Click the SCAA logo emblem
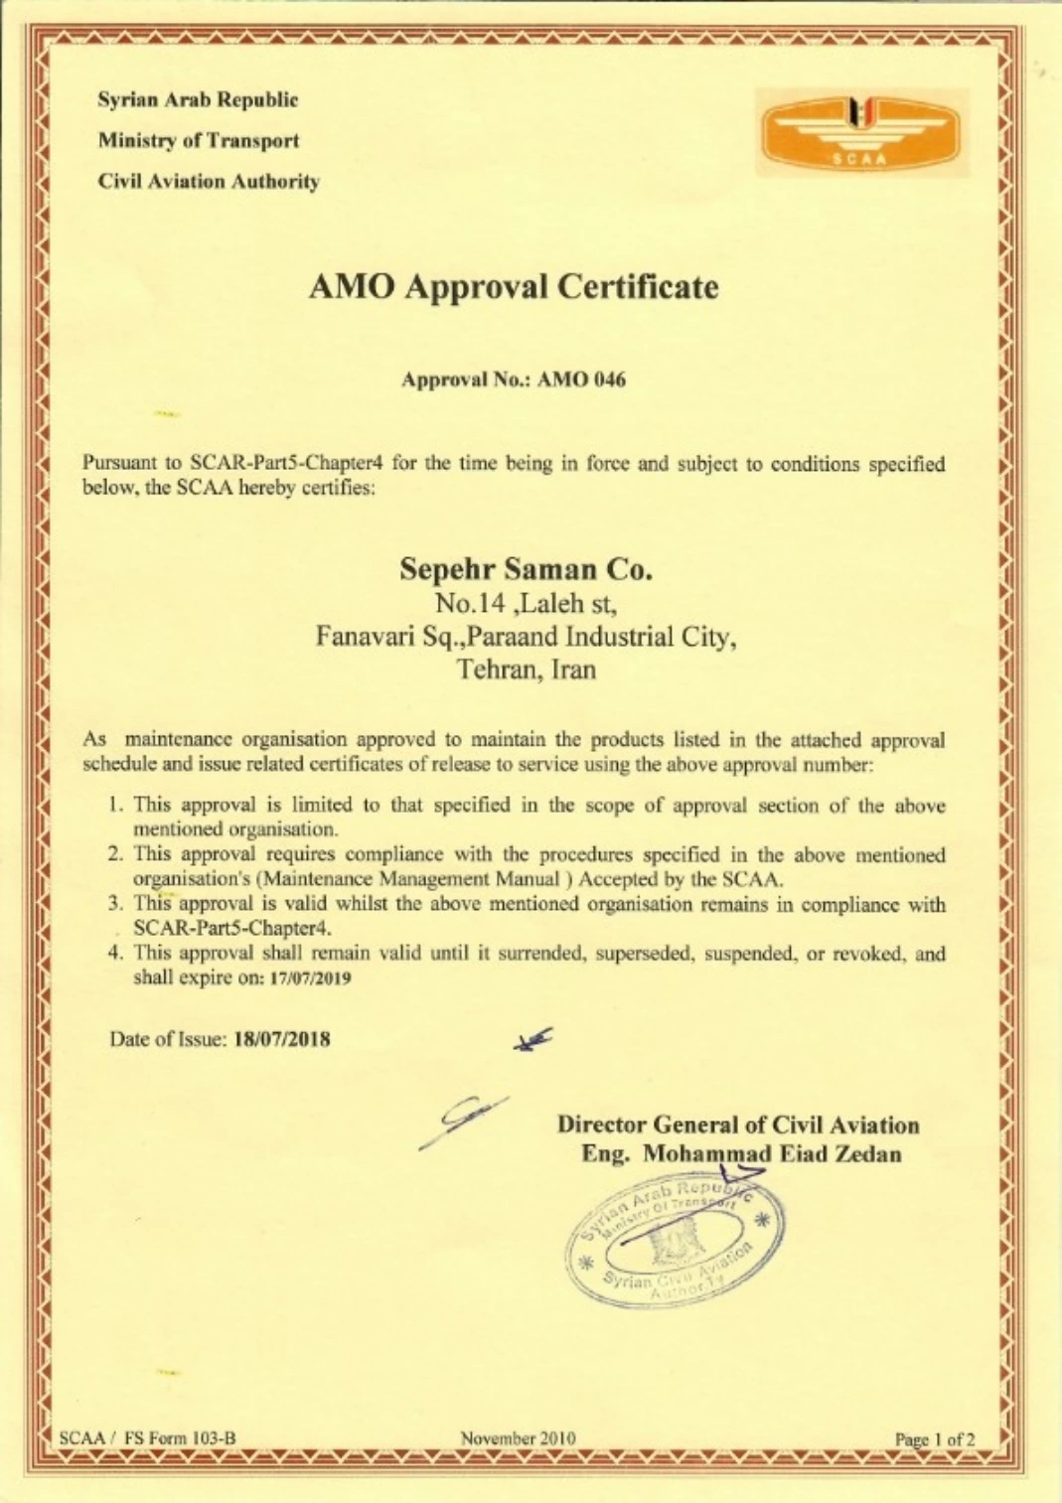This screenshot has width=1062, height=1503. coord(861,132)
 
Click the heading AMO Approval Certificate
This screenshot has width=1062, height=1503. coord(514,287)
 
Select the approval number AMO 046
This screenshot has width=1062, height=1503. coord(581,379)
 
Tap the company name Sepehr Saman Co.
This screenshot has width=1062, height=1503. coord(526,569)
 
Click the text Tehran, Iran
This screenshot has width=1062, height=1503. coord(527,669)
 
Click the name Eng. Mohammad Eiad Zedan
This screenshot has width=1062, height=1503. coord(741,1154)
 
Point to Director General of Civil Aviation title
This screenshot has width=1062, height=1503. coord(738,1126)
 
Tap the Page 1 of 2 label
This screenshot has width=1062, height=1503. coord(935,1438)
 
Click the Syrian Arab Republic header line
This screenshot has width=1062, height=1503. coord(198,100)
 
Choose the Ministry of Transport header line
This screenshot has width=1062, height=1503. coord(198,141)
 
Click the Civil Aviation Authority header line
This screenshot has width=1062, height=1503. coord(209,182)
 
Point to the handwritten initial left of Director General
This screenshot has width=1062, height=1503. coord(467,1121)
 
